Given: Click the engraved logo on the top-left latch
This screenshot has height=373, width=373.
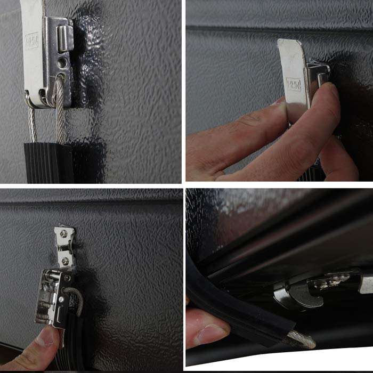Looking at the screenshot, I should tap(31, 42).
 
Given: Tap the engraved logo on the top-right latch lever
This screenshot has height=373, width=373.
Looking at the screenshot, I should tap(294, 84).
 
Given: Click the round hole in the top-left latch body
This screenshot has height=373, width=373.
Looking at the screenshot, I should tap(63, 62).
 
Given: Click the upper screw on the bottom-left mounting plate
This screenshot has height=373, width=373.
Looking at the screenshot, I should tap(64, 234).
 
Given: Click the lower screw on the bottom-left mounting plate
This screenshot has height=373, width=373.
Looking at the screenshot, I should tap(64, 261).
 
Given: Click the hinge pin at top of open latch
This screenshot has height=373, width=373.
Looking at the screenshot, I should tap(51, 274).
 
